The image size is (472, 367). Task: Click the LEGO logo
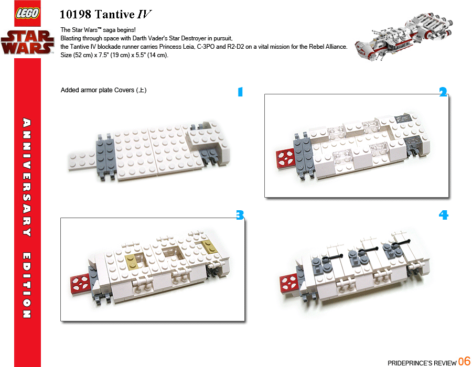pos(27,13)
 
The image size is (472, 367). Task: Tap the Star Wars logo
pos(27,42)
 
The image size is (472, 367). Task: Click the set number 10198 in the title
pos(75,15)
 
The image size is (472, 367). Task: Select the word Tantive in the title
pos(115,15)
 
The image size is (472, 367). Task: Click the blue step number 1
pos(240,92)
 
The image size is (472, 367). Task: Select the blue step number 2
pos(443,92)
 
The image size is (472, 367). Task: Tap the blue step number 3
pos(240,215)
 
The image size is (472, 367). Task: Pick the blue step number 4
pos(443,215)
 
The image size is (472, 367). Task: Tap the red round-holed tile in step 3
pos(80,284)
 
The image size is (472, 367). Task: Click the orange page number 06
pos(464,361)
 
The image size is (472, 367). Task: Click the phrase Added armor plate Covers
pos(98,90)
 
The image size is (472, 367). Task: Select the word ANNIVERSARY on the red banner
pos(27,177)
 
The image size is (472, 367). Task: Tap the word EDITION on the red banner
pos(27,285)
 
